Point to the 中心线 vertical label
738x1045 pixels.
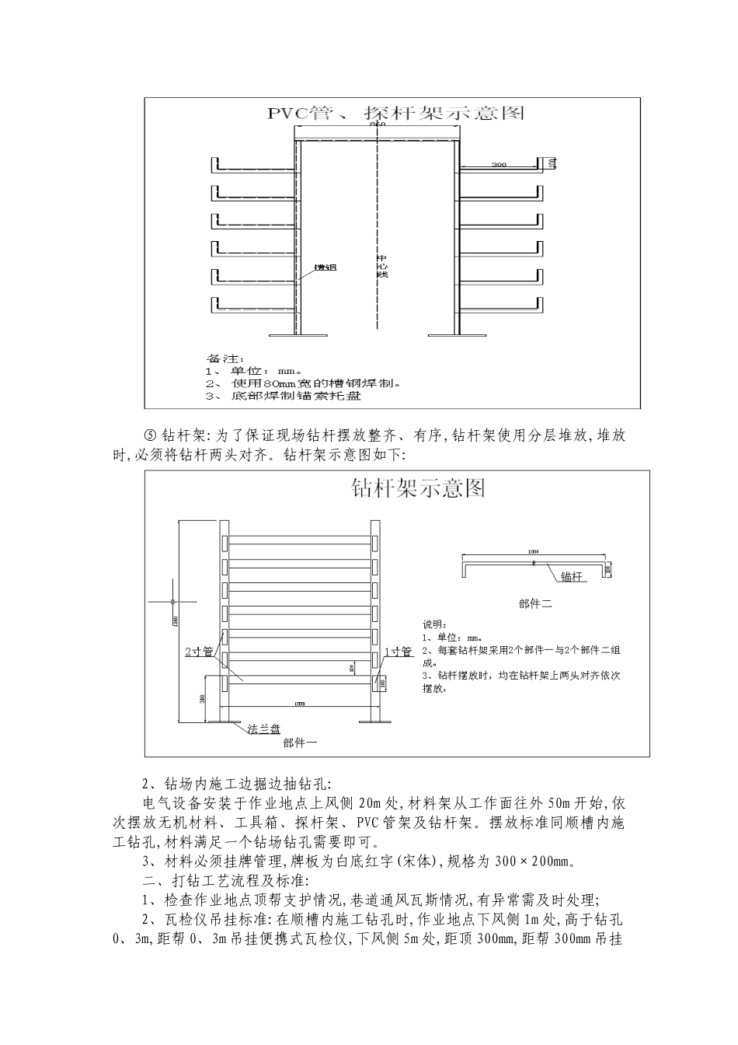point(381,266)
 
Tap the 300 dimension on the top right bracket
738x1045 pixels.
point(499,165)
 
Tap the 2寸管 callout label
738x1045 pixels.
point(199,652)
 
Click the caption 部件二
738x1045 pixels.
point(534,603)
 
